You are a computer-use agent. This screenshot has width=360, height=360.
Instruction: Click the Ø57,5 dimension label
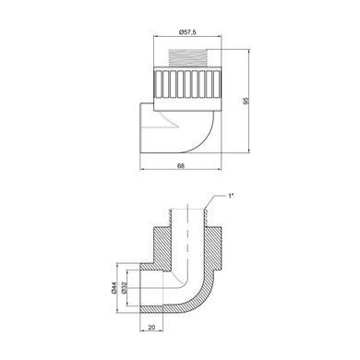point(187,31)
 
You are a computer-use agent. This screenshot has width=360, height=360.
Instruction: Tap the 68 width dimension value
point(181,165)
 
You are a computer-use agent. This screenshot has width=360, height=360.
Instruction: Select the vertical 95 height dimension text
point(246,101)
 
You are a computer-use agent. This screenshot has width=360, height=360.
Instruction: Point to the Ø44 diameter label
point(114,287)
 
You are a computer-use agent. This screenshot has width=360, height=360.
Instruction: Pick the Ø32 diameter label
point(124,287)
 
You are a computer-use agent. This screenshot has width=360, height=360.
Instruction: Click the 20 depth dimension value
point(151,328)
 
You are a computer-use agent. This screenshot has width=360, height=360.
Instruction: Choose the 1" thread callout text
point(231,196)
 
